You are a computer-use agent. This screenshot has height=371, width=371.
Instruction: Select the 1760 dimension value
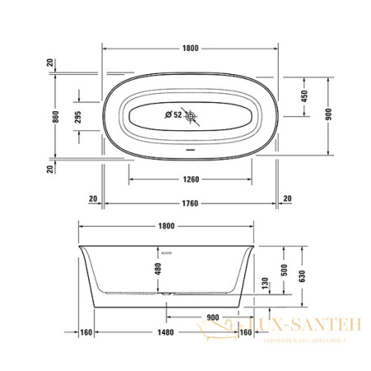tap(190, 198)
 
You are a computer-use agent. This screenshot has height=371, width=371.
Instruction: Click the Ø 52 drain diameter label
tap(172, 115)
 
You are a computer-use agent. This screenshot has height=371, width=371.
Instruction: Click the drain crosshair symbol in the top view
tap(193, 116)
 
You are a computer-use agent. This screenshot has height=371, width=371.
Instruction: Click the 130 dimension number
tap(264, 284)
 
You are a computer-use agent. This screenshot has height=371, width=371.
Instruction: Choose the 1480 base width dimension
tap(166, 333)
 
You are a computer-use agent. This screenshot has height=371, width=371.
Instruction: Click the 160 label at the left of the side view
tap(85, 333)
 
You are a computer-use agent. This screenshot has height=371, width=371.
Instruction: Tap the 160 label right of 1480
tap(245, 333)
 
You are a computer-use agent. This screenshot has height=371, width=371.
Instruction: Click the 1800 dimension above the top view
tap(190, 49)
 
